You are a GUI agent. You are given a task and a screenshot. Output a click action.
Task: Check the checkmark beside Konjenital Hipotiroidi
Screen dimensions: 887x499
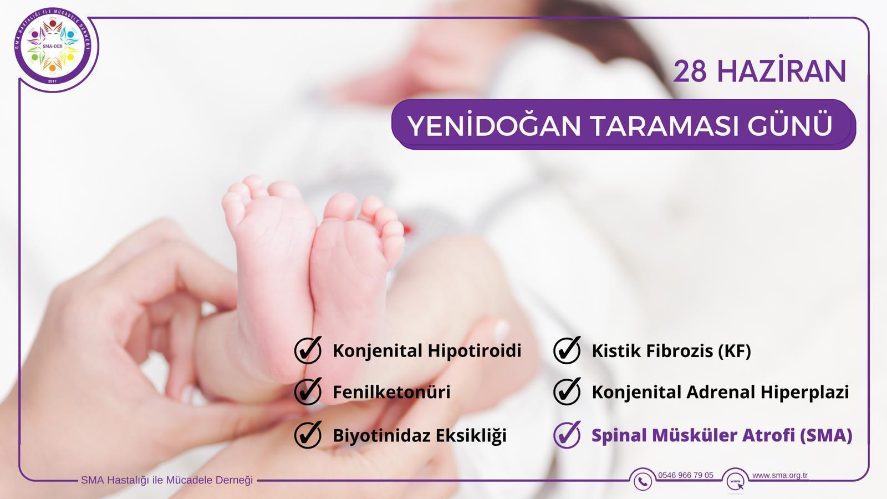click(x=308, y=350)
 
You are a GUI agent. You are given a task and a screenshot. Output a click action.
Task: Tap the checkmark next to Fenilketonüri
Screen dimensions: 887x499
click(x=308, y=391)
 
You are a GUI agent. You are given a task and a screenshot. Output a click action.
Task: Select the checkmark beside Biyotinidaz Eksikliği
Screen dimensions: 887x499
click(x=308, y=435)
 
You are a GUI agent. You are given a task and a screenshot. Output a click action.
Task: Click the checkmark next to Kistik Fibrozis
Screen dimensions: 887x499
click(x=567, y=350)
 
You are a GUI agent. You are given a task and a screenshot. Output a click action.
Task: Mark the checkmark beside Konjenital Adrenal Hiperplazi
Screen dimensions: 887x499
click(x=567, y=391)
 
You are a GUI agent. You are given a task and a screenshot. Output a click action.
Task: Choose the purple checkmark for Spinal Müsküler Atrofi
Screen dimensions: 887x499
click(x=567, y=435)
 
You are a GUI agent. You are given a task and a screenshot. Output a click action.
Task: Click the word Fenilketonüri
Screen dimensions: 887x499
click(x=391, y=392)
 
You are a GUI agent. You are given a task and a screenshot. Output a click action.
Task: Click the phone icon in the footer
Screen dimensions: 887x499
click(x=643, y=481)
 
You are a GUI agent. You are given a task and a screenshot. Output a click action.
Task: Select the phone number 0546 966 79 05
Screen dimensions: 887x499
click(x=685, y=475)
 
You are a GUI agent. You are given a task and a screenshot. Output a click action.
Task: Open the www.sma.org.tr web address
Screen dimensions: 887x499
click(x=779, y=475)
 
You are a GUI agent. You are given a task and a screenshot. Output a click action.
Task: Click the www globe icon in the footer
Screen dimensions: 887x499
click(x=735, y=482)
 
